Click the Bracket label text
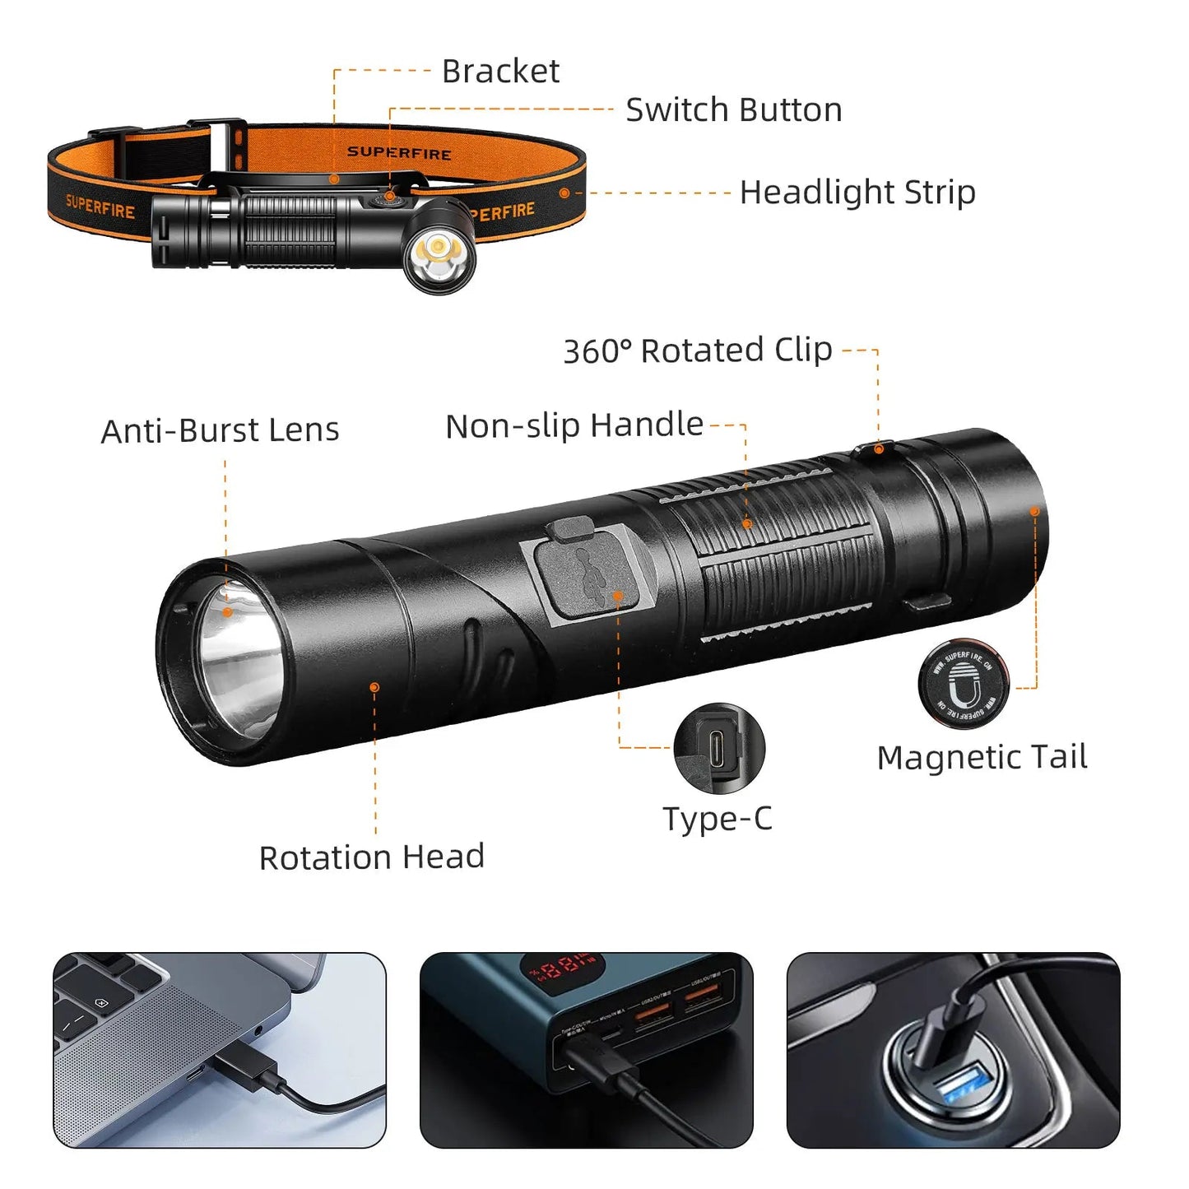tap(500, 72)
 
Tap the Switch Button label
tap(733, 110)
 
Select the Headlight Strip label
tap(857, 193)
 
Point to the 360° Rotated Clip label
tap(697, 351)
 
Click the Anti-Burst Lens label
tap(220, 430)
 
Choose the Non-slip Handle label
tap(574, 425)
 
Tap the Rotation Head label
tap(371, 857)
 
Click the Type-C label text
tap(718, 819)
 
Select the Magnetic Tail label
tap(982, 757)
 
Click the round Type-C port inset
tap(719, 748)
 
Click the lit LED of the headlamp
tap(438, 248)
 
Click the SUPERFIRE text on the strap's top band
tap(399, 153)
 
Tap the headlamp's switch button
tap(389, 198)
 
